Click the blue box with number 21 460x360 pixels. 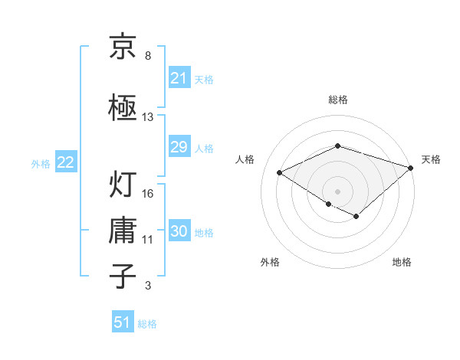point(179,78)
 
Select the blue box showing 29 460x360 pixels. point(179,147)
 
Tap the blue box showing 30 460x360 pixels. point(179,232)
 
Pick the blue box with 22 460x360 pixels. point(65,162)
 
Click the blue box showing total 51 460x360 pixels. point(122,322)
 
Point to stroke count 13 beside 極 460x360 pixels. point(148,117)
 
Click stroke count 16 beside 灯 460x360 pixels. point(148,193)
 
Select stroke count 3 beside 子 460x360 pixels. point(148,286)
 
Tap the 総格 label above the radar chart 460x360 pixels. point(337,100)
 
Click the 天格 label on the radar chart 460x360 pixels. point(432,159)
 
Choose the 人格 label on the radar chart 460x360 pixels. point(245,159)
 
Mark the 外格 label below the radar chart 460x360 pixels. point(270,262)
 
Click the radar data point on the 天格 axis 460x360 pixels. point(412,166)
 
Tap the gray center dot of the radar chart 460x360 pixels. point(337,191)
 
